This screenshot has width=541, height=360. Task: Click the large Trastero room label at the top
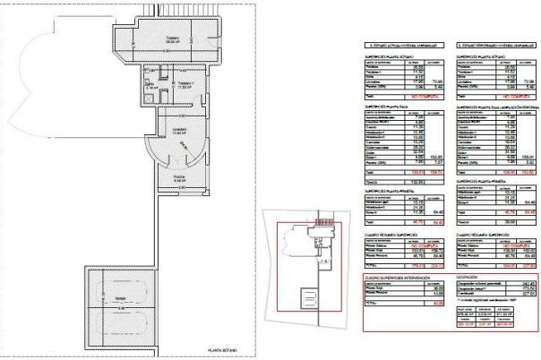[171, 39]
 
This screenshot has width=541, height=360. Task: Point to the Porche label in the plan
[178, 177]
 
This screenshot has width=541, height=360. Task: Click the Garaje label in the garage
[120, 300]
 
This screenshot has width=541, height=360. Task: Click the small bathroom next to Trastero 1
[152, 87]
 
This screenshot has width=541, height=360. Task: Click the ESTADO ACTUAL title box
[405, 43]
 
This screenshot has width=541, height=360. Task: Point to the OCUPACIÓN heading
[470, 278]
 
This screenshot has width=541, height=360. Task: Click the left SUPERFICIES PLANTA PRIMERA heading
[391, 192]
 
